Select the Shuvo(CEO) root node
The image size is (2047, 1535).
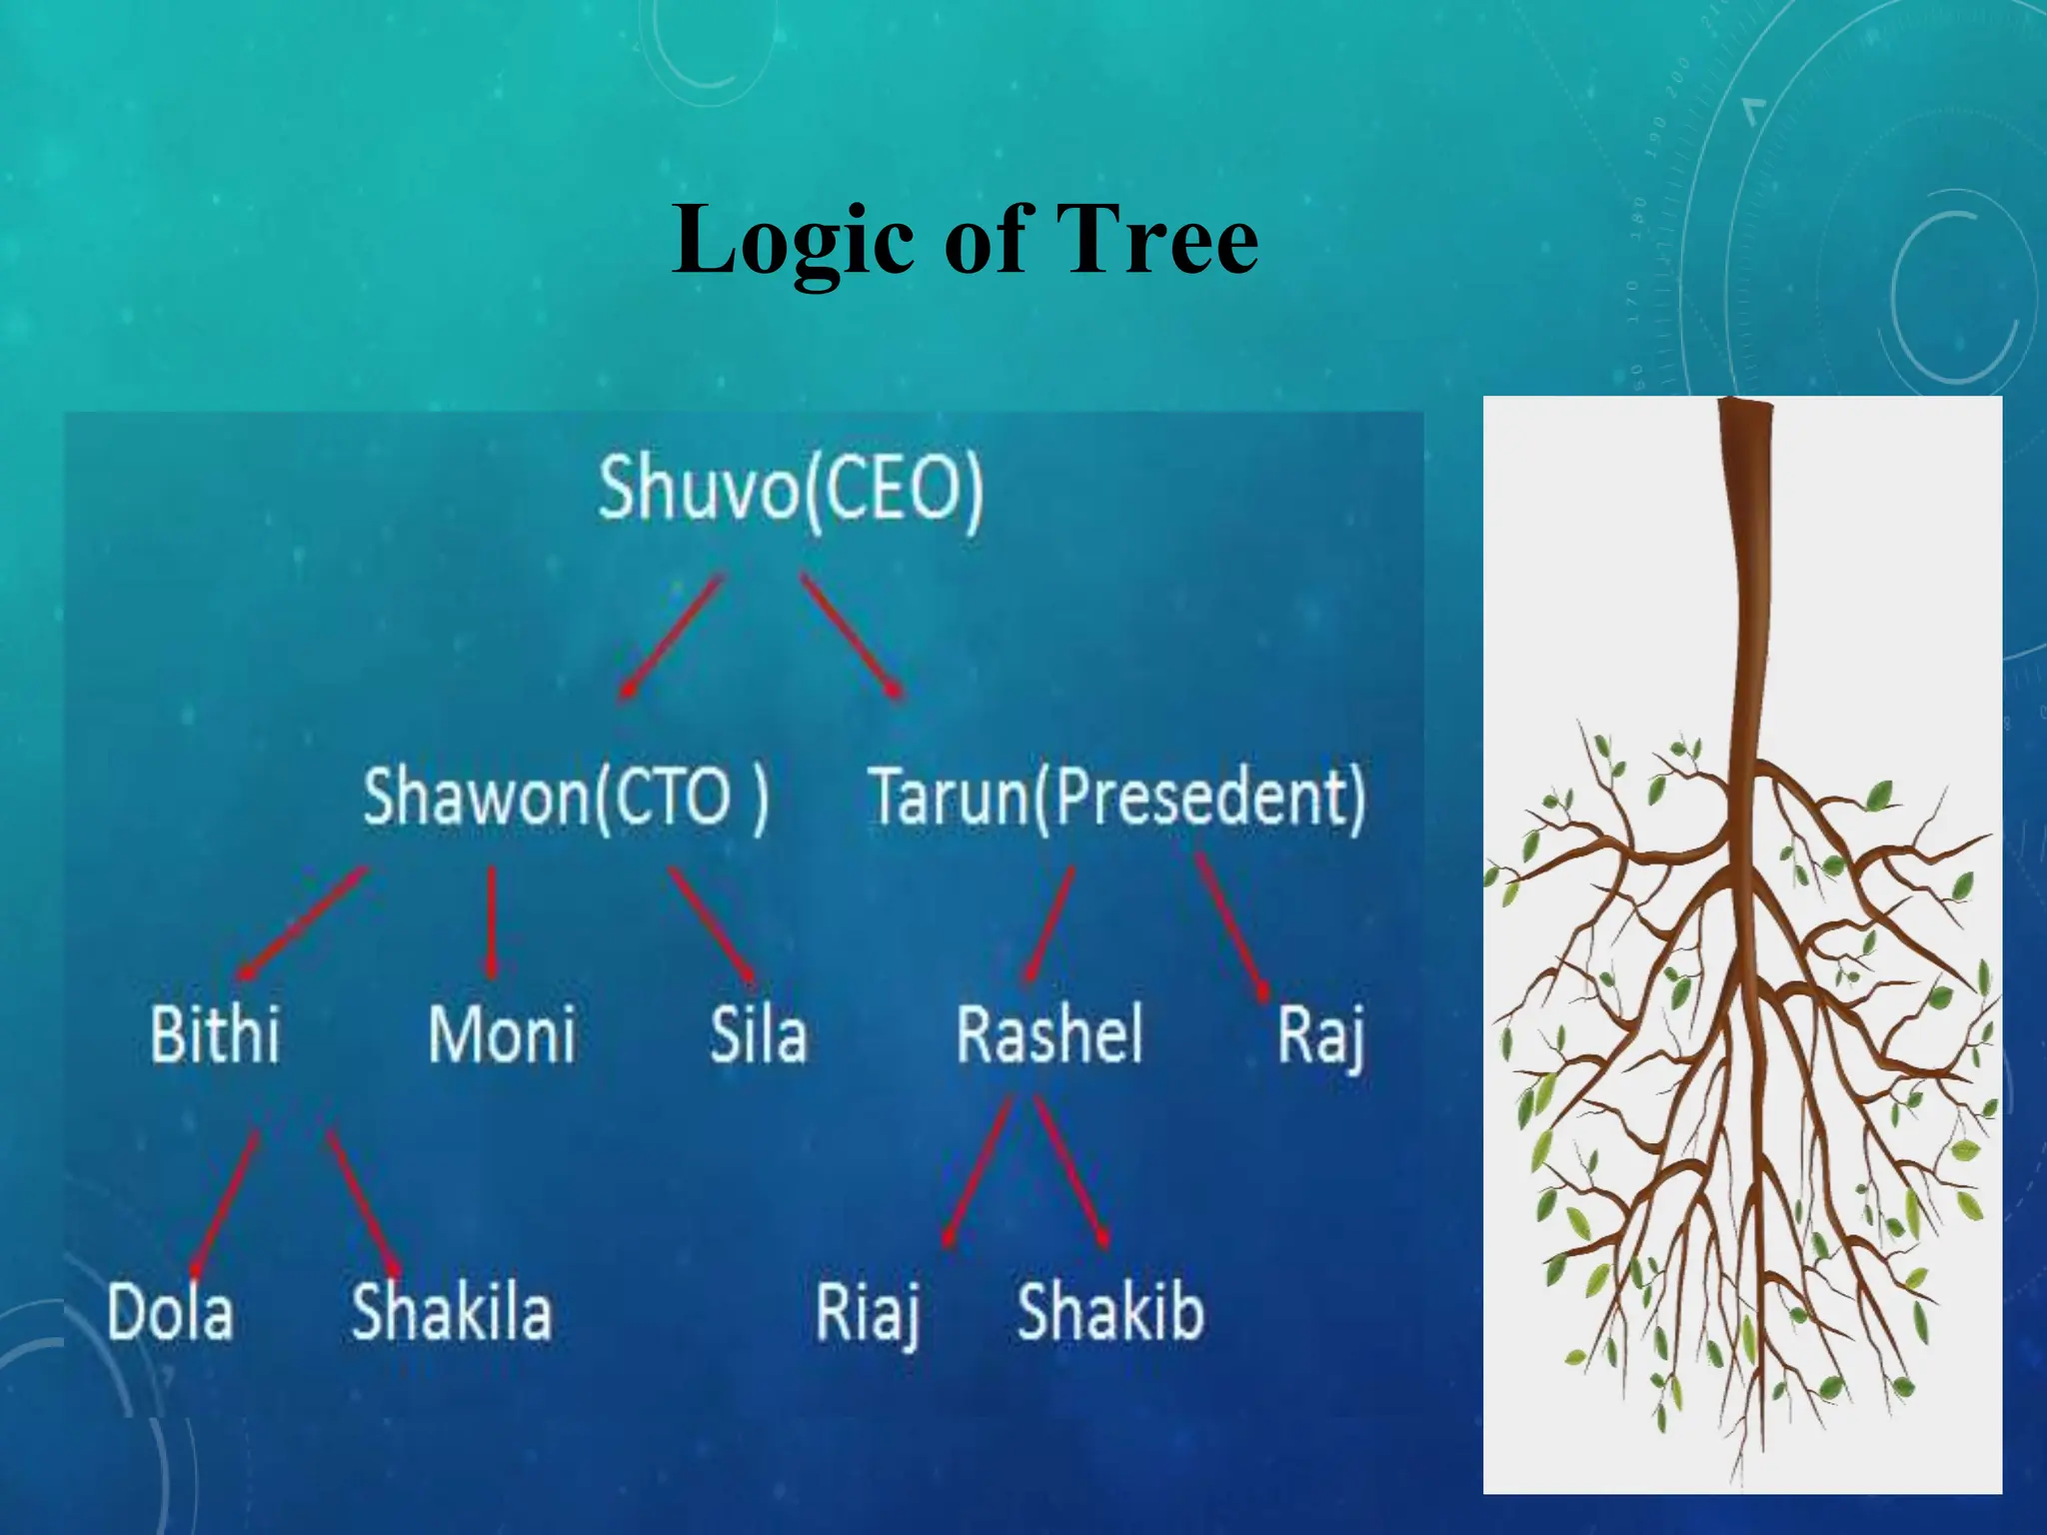[x=791, y=489]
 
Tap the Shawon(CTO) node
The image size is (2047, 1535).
[x=566, y=796]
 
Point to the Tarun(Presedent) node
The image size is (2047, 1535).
[x=1116, y=796]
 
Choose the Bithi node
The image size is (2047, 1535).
[x=215, y=1033]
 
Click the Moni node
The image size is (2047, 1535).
[x=502, y=1033]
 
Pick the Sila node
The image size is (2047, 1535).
[x=758, y=1033]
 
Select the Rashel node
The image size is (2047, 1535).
[x=1049, y=1033]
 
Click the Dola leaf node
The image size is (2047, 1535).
[x=170, y=1311]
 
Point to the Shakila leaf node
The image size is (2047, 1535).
[x=451, y=1311]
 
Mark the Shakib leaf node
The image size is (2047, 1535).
[x=1110, y=1311]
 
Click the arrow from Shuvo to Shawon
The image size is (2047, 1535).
[x=671, y=636]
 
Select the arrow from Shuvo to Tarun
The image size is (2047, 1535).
[x=852, y=636]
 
